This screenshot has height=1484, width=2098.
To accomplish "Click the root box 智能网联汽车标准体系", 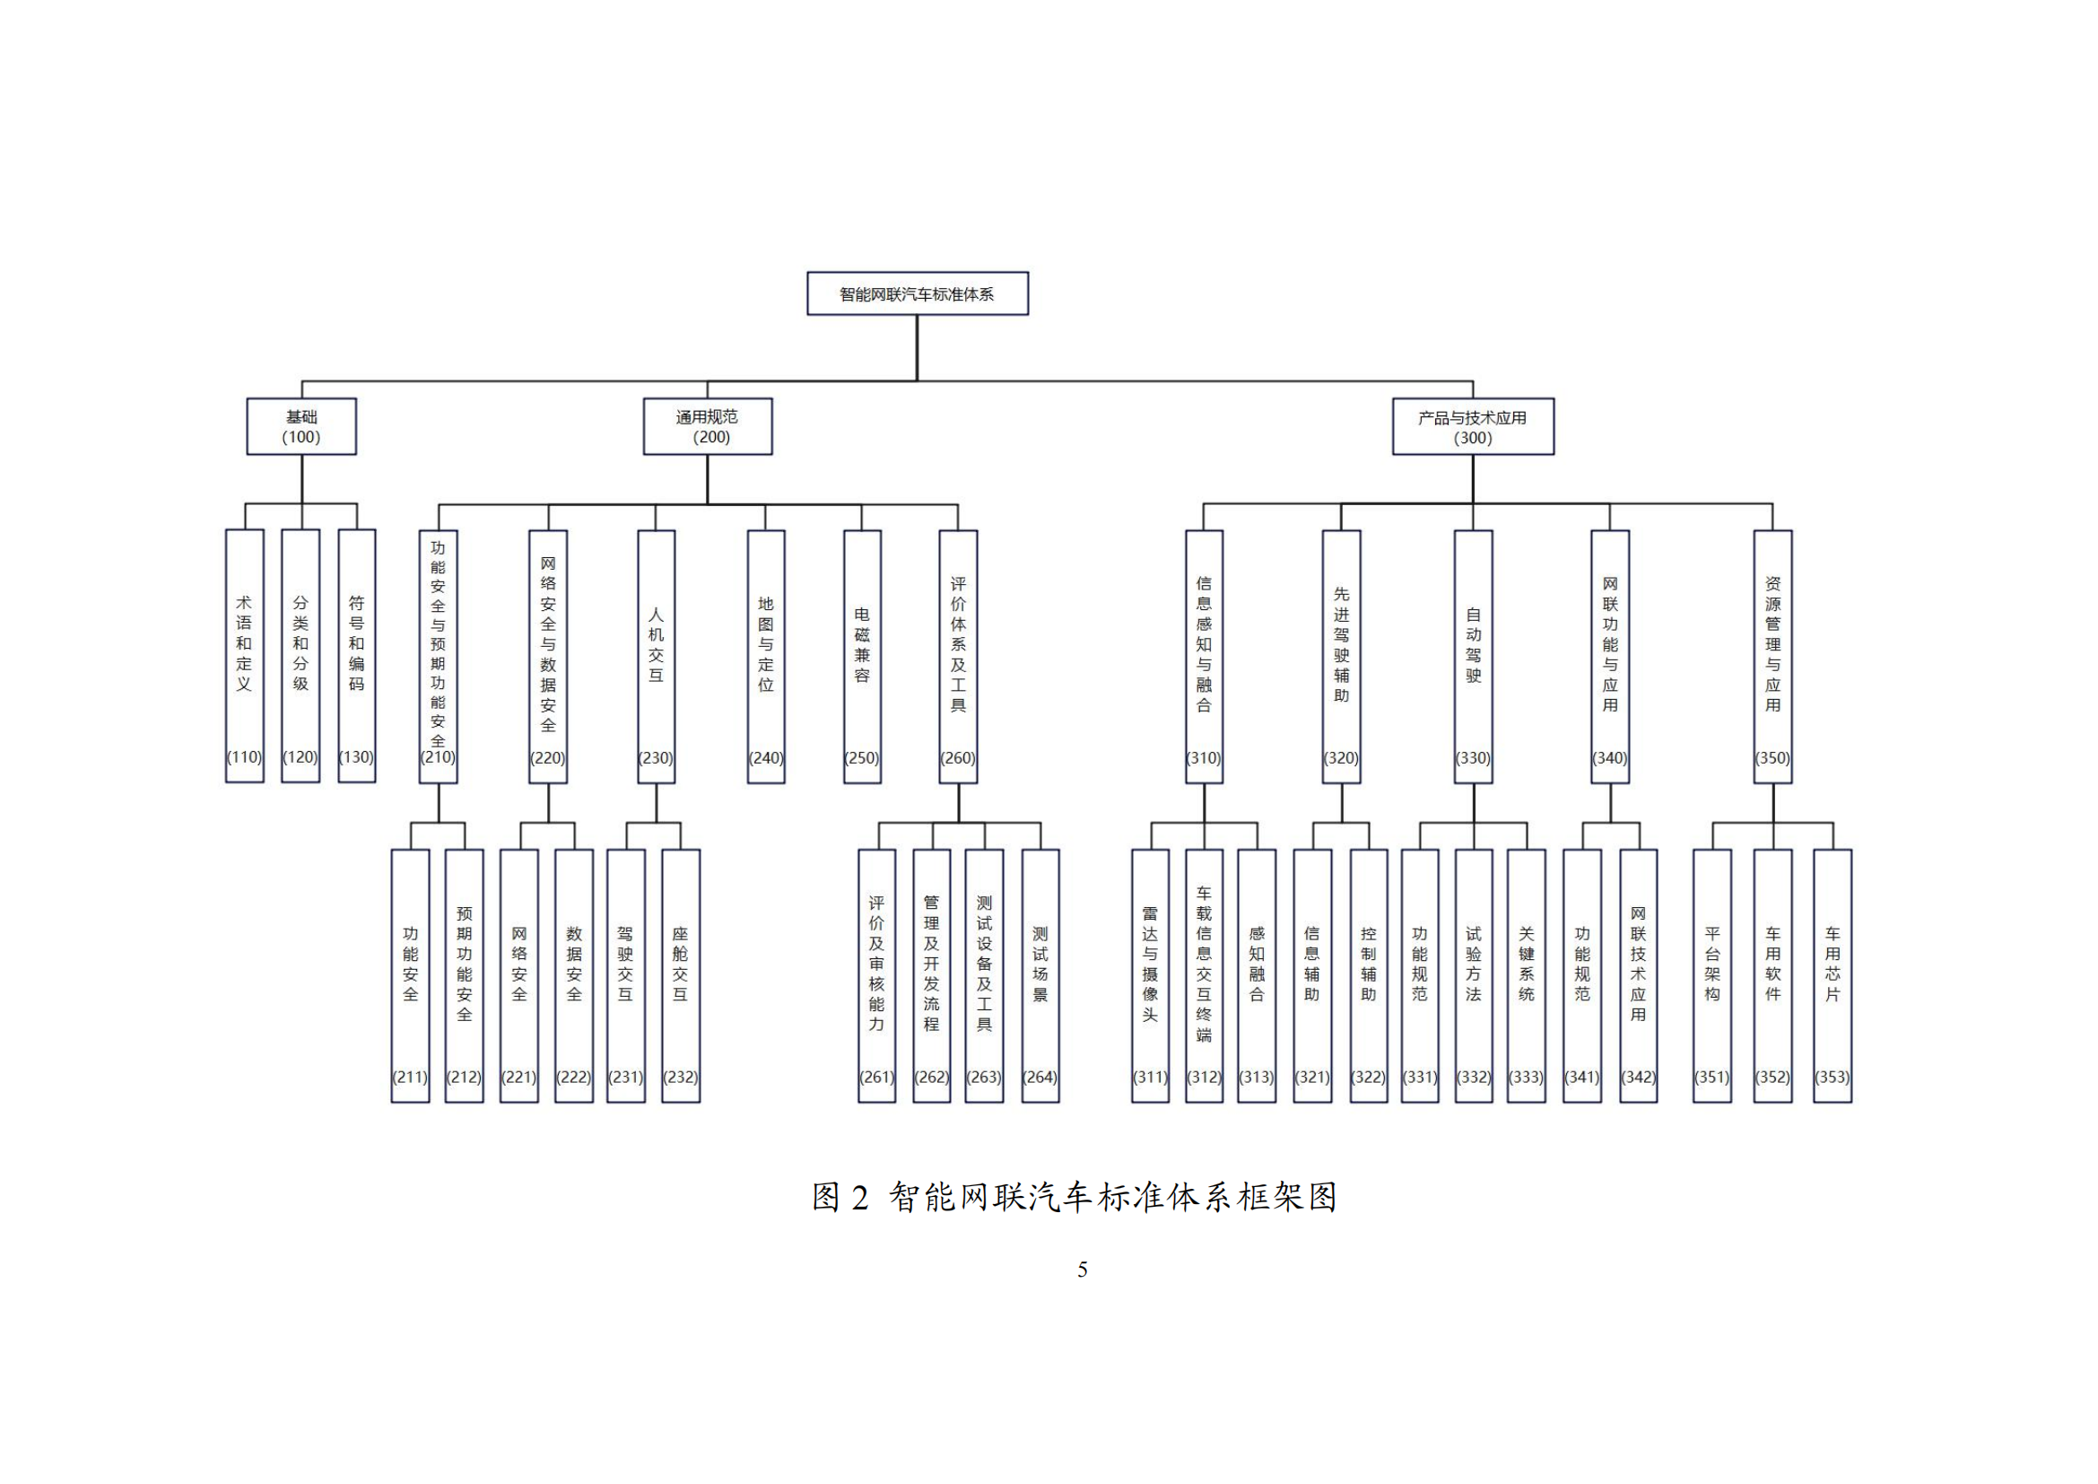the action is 918,293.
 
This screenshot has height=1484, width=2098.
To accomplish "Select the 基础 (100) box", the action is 301,427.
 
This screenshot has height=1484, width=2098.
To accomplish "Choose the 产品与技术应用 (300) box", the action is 1473,427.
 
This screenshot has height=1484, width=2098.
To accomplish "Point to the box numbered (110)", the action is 245,656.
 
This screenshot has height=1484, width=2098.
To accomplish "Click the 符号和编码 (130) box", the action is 356,656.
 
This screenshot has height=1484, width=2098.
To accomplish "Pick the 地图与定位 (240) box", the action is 766,657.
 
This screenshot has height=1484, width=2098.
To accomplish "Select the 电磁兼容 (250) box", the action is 863,657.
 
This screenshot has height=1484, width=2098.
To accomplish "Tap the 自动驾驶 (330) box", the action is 1473,657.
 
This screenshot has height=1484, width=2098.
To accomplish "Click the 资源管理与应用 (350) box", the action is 1772,657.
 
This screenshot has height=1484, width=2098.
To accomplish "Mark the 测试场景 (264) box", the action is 1040,976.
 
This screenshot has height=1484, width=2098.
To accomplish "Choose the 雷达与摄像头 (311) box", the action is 1151,976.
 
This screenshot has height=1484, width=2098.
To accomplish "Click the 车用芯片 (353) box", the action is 1833,976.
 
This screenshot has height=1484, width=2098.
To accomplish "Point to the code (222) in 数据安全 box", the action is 574,1078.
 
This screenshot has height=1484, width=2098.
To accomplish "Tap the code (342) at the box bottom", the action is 1639,1078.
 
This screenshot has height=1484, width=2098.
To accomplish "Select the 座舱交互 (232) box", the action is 681,976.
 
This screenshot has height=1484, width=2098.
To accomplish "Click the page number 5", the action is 1083,1270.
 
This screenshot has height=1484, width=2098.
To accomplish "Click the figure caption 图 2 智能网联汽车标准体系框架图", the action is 1075,1197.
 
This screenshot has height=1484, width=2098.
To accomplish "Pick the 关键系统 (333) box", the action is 1527,976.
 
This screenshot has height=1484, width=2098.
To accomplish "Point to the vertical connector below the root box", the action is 918,348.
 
